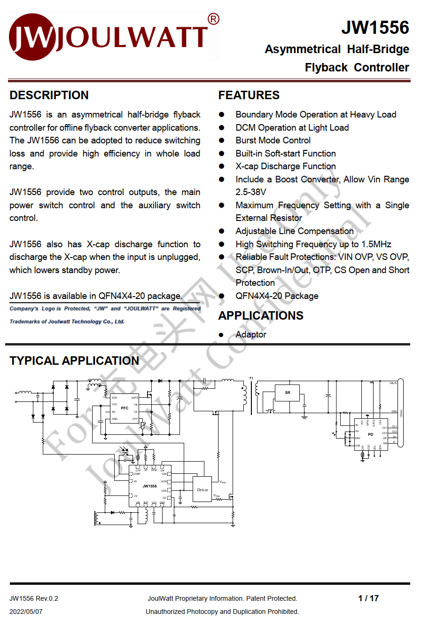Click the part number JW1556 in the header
tap(375, 28)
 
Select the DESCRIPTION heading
tap(49, 95)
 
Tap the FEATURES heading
tap(249, 95)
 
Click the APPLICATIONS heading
tap(261, 315)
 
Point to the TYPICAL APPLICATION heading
tap(74, 361)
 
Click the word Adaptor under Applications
tap(251, 335)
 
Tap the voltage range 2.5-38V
tap(251, 192)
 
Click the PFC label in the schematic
tap(125, 408)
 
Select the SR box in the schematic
tap(288, 392)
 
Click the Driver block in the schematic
tap(203, 490)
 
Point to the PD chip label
tap(370, 434)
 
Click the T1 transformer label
tap(251, 378)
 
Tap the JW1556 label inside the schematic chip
tap(149, 486)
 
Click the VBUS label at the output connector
tap(393, 383)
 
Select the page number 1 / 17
tap(368, 598)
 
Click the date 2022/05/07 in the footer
tap(26, 612)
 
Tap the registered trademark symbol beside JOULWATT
tap(213, 19)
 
